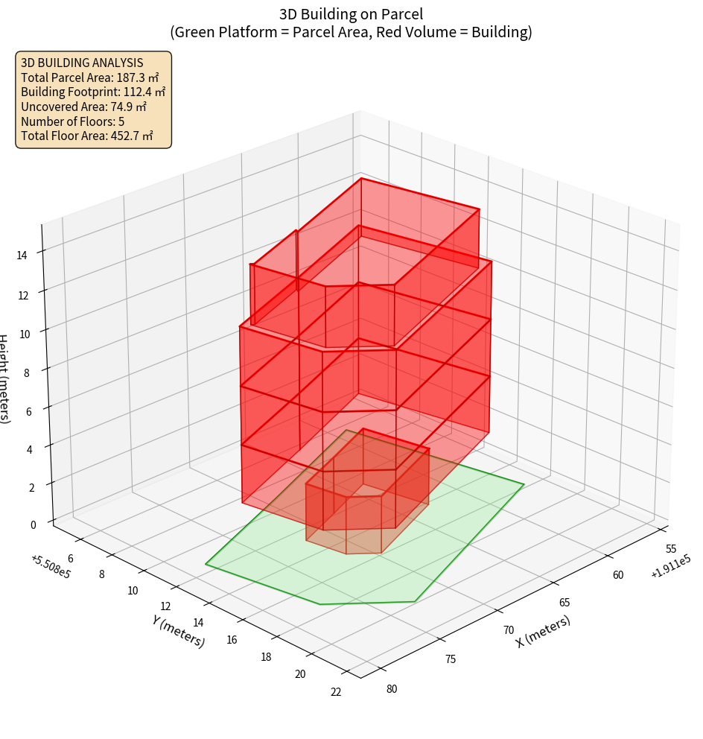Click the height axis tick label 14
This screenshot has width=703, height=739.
point(23,256)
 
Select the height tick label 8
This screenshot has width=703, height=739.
point(28,372)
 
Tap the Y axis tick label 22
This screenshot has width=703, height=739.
point(336,692)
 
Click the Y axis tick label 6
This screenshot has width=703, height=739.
point(71,559)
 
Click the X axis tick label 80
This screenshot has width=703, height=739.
point(392,689)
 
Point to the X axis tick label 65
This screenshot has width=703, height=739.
point(564,603)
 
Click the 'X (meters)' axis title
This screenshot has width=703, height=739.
point(544,632)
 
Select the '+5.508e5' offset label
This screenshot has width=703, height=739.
point(51,567)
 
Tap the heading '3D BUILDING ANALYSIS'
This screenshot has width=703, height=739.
point(82,63)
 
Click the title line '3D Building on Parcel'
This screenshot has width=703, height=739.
point(351,13)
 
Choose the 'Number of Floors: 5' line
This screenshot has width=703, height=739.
point(73,121)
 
